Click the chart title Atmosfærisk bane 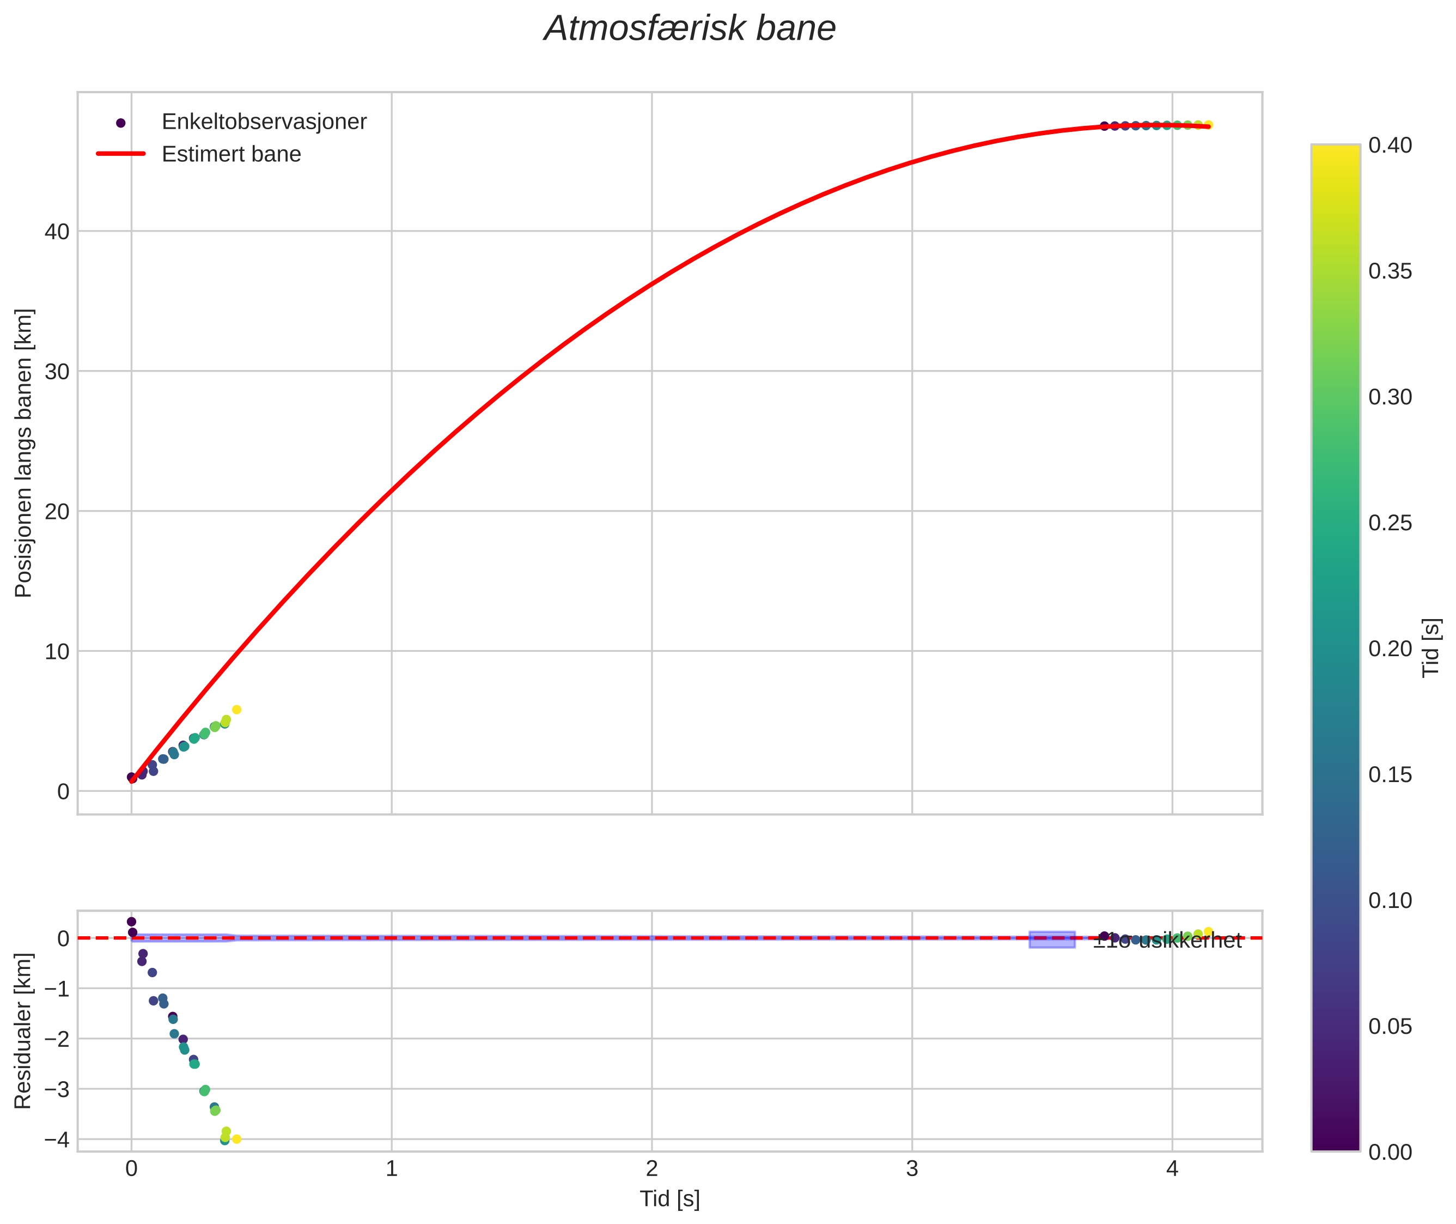[x=690, y=29]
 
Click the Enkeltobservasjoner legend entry [x=264, y=122]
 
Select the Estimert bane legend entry [x=231, y=154]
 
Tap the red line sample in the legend [x=121, y=153]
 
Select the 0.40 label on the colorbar [x=1390, y=145]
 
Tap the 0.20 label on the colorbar [x=1390, y=649]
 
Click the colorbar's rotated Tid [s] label [x=1431, y=647]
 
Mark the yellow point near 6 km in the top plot [x=236, y=710]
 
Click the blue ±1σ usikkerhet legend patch [x=1052, y=940]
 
